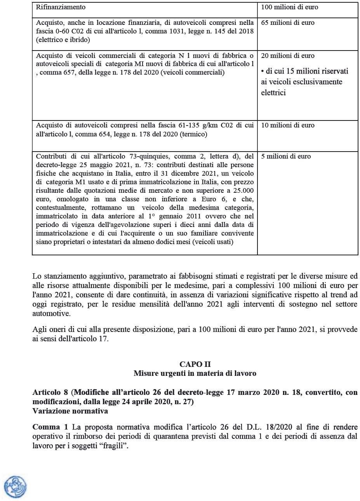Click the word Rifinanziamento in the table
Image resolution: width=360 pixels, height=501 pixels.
[61, 7]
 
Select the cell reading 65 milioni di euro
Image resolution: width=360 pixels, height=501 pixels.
[288, 23]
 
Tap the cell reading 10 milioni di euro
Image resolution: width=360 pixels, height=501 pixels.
[288, 126]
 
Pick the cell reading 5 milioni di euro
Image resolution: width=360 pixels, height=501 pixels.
[286, 157]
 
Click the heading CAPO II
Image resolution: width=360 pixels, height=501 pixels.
[195, 364]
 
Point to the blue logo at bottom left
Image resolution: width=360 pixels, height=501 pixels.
[15, 487]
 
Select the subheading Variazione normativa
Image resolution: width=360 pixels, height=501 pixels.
[70, 411]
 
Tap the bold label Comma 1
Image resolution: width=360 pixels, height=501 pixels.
[50, 427]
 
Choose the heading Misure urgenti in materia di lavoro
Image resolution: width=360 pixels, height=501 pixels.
[195, 374]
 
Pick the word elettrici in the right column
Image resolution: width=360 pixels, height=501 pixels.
[273, 93]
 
